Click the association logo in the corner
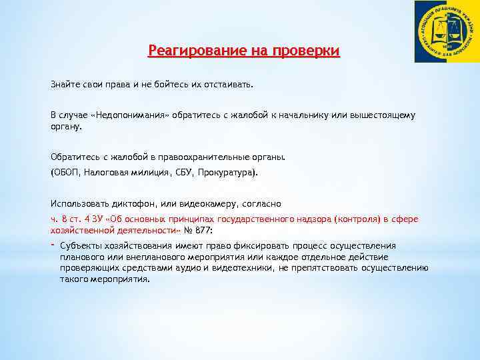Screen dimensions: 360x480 click(446, 31)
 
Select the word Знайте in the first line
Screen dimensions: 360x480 click(65, 85)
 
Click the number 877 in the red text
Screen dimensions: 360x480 click(203, 230)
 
